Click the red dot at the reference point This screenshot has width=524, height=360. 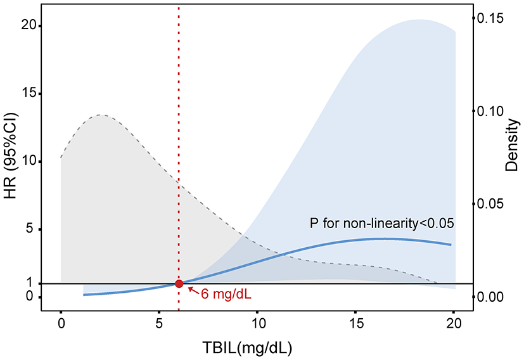(179, 284)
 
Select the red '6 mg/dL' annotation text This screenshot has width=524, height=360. (226, 295)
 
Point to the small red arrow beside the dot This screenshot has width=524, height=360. (191, 290)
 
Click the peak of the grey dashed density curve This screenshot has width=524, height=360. (101, 115)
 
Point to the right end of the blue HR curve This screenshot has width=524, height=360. (451, 245)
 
